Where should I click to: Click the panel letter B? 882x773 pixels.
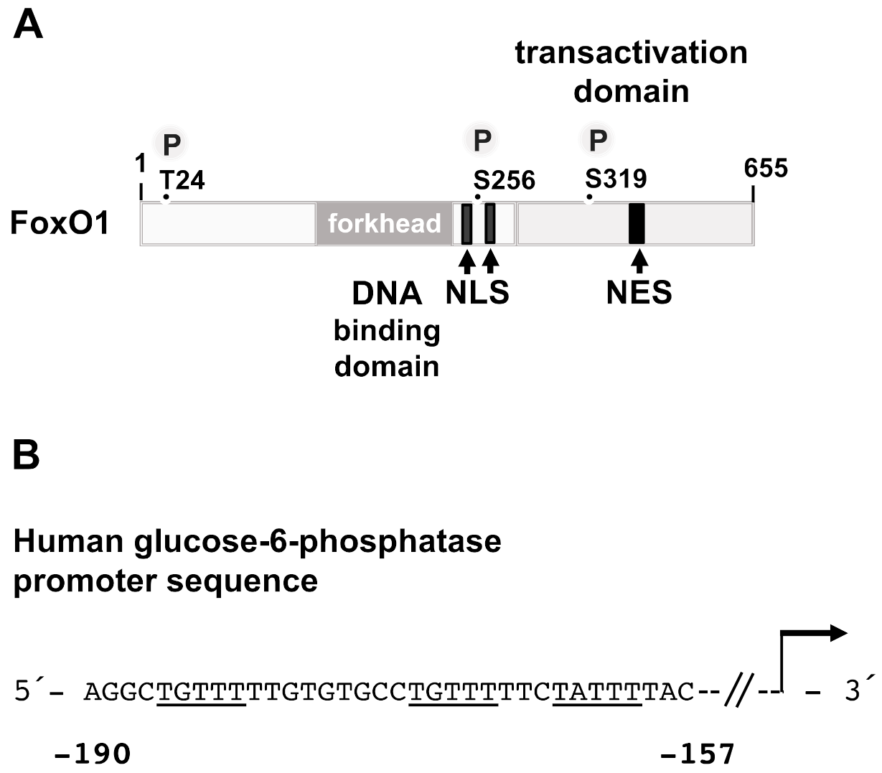point(27,455)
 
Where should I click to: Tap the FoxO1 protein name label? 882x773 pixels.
point(60,223)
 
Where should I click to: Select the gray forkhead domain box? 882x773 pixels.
point(384,224)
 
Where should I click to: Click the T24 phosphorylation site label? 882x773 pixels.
point(182,179)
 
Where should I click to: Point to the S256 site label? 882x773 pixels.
point(505,180)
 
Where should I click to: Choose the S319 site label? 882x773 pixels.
point(616,178)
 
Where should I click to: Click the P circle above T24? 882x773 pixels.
point(172,143)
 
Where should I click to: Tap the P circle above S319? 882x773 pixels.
point(598,141)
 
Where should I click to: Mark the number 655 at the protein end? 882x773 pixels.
point(766,168)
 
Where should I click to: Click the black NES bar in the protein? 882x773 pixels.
point(637,224)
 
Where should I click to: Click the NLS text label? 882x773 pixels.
point(477,292)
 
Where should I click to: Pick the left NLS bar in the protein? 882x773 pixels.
point(466,224)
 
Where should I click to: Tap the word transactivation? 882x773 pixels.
point(631,53)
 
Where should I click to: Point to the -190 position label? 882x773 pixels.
point(93,754)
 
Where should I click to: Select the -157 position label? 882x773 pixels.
point(698,754)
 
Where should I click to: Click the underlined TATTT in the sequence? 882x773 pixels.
point(597,691)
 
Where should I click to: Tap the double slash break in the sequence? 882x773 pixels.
point(738,692)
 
